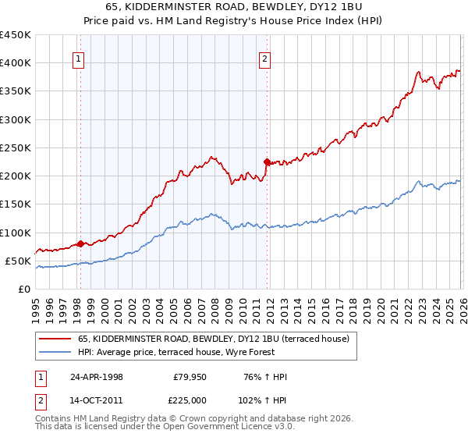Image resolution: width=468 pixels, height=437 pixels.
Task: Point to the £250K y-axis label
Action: (16, 147)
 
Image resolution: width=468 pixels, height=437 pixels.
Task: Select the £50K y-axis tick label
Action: (19, 261)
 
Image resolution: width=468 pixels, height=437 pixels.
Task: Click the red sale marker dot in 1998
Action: (80, 243)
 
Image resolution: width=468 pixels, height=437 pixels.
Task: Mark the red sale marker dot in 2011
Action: (267, 162)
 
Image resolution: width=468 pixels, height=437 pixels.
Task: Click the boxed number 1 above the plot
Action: (80, 58)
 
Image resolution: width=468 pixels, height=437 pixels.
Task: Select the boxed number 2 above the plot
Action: (265, 58)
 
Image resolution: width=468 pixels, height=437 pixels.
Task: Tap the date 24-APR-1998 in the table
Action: (96, 377)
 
